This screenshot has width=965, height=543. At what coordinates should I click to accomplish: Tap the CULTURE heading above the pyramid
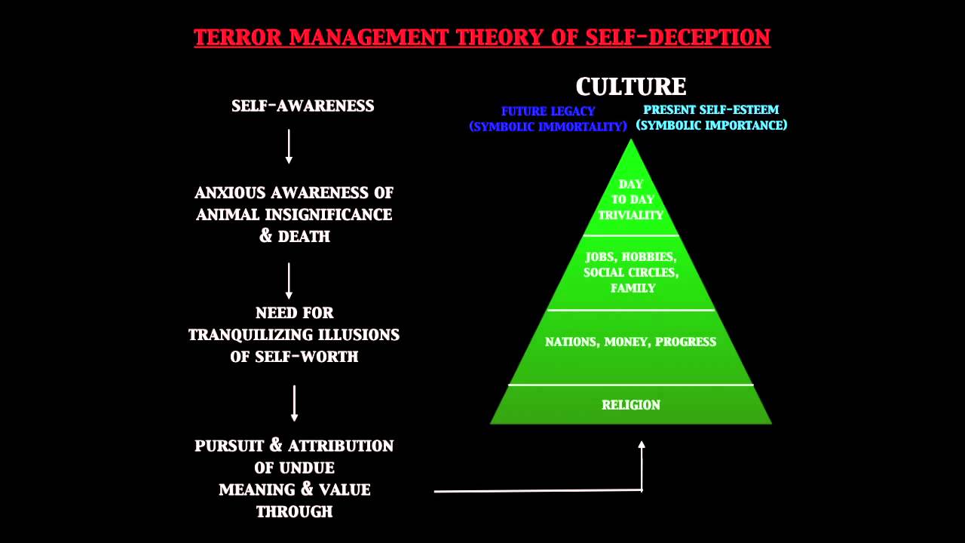pyautogui.click(x=631, y=87)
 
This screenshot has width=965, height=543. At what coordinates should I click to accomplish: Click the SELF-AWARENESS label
pyautogui.click(x=302, y=106)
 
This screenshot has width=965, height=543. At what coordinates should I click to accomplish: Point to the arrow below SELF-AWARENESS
pyautogui.click(x=289, y=146)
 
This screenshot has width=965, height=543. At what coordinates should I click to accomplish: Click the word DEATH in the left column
pyautogui.click(x=304, y=237)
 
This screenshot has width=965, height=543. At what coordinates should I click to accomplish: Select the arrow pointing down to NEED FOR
pyautogui.click(x=289, y=281)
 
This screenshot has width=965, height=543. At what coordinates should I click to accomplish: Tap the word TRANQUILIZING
pyautogui.click(x=247, y=335)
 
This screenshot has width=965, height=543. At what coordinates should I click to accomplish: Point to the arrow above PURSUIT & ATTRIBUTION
pyautogui.click(x=294, y=403)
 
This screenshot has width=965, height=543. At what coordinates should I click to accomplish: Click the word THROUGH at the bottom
pyautogui.click(x=294, y=512)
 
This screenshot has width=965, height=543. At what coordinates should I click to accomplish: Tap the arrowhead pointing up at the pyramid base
pyautogui.click(x=642, y=446)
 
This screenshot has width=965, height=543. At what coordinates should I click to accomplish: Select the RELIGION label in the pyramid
pyautogui.click(x=631, y=405)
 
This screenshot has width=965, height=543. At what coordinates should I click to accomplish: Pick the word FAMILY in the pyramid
pyautogui.click(x=633, y=288)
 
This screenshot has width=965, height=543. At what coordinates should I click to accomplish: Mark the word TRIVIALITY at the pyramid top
pyautogui.click(x=631, y=215)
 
